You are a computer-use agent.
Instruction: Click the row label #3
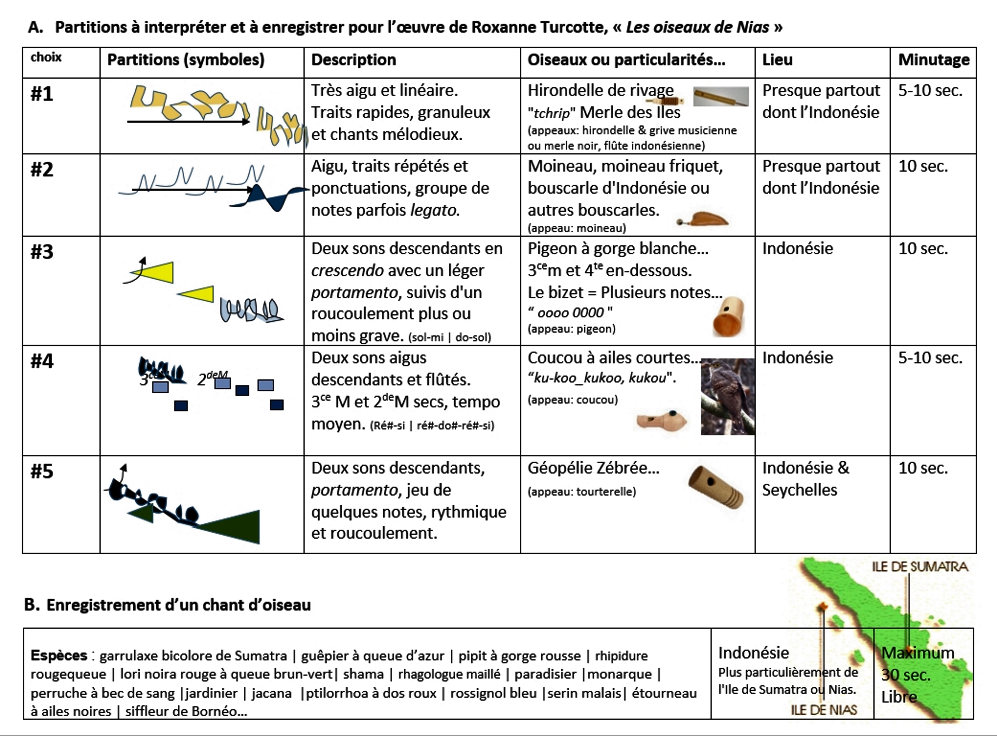tap(42, 252)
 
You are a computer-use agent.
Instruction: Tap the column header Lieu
tap(777, 60)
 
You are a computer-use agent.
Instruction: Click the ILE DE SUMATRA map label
tap(920, 567)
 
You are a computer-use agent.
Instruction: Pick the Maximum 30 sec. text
tap(917, 664)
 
